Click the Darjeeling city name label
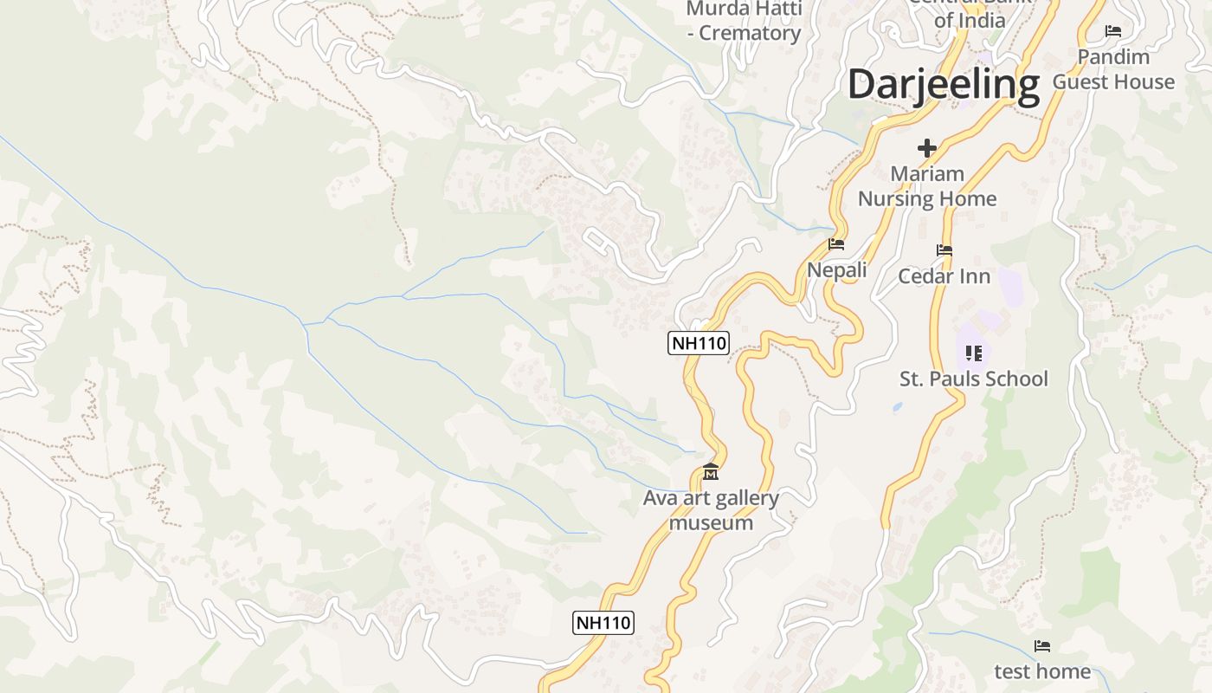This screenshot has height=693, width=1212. tap(943, 85)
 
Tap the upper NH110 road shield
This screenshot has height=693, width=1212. tap(699, 343)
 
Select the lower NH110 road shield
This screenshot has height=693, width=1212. tap(603, 622)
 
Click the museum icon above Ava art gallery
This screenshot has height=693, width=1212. tap(711, 472)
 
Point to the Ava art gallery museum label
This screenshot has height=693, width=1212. tap(711, 510)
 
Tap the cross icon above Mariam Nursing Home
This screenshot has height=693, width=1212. tap(927, 147)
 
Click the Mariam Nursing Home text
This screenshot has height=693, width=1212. tap(927, 186)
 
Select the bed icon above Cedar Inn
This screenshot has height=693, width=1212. tap(944, 250)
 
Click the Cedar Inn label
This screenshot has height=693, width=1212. tap(944, 276)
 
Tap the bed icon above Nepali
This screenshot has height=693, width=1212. tap(836, 244)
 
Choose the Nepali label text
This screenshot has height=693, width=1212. tap(837, 270)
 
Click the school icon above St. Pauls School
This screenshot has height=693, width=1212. tap(974, 353)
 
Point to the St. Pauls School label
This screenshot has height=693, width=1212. tap(974, 379)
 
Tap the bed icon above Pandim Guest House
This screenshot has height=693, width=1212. tap(1113, 31)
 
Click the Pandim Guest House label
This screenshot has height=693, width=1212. tap(1113, 69)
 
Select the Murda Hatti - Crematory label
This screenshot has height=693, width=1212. tap(744, 22)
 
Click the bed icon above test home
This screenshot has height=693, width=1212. tap(1042, 646)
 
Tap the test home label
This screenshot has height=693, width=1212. tap(1042, 671)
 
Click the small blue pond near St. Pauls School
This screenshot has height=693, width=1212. tap(897, 405)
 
